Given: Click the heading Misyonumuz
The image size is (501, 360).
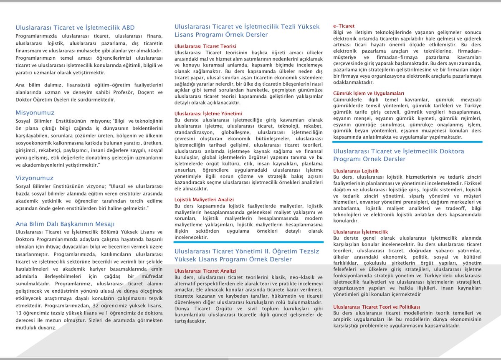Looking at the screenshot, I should (35, 113).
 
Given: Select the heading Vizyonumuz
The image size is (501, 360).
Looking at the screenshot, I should (35, 177).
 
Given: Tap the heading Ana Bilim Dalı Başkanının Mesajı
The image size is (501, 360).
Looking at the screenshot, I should (65, 223).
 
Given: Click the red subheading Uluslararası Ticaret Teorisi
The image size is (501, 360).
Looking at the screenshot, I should (205, 46).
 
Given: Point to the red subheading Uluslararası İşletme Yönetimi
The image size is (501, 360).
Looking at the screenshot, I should (207, 114).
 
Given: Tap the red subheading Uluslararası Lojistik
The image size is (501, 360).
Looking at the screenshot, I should (356, 171).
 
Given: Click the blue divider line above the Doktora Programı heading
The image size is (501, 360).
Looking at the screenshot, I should (407, 142).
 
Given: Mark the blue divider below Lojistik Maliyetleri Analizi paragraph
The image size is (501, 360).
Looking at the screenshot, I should (249, 242).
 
